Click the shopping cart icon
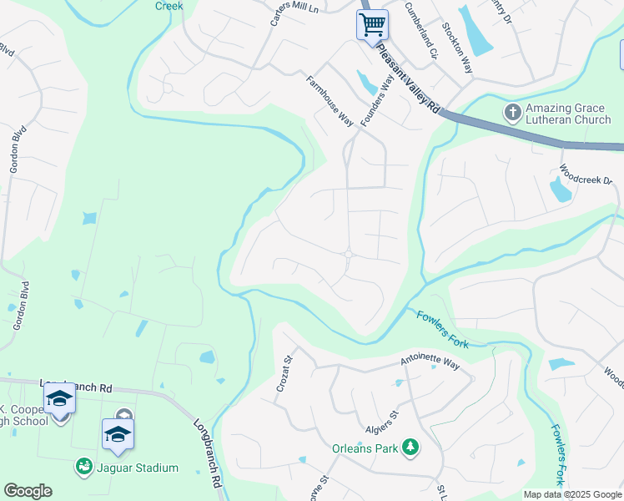point(372,23)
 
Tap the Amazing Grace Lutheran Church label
point(573,115)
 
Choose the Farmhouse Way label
point(330,100)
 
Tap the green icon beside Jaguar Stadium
point(83,468)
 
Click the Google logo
point(28,491)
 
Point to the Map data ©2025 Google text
point(571,494)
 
